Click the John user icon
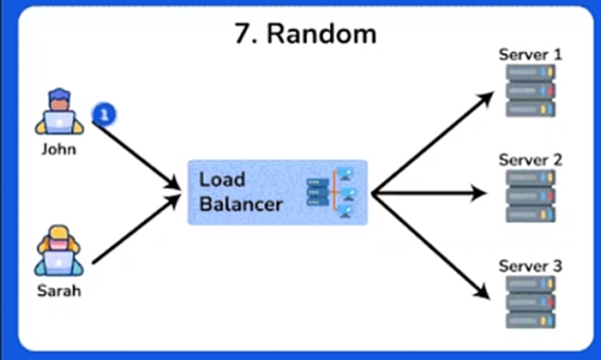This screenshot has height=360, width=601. tap(59, 112)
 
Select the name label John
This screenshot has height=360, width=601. tap(59, 149)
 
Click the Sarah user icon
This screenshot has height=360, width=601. tap(58, 250)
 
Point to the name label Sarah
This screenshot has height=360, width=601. tap(58, 291)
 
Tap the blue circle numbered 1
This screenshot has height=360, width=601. tap(104, 114)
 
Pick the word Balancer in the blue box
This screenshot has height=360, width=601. tap(240, 204)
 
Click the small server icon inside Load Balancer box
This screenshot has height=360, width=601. tap(330, 192)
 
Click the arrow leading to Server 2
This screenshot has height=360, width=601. tap(431, 192)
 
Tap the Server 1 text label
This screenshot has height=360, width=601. tap(531, 55)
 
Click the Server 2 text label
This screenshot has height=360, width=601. tap(531, 160)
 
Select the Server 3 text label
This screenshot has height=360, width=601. tap(531, 266)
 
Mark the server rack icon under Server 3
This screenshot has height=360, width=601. tap(531, 304)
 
